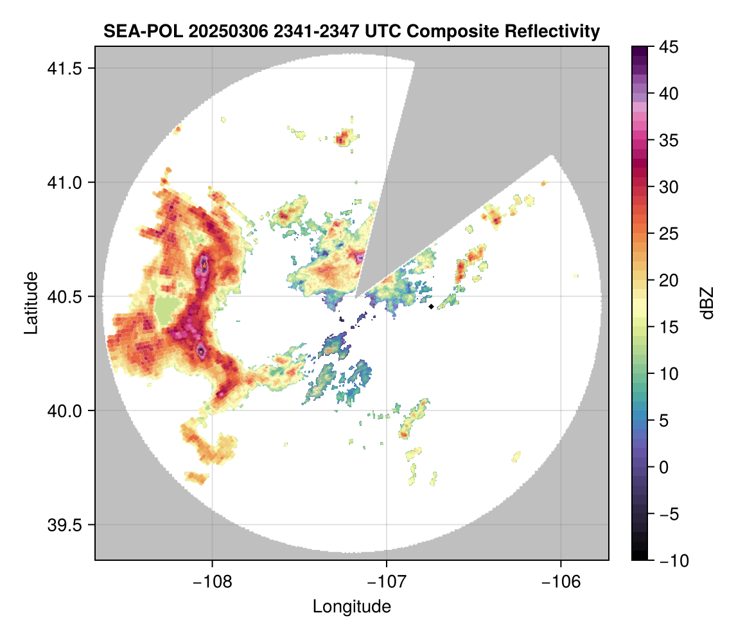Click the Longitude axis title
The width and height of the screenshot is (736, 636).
pos(351,606)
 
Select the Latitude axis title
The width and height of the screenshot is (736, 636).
pos(30,303)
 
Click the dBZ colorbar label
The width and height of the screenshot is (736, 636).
pos(707,303)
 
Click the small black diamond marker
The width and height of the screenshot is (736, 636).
pos(431,306)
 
